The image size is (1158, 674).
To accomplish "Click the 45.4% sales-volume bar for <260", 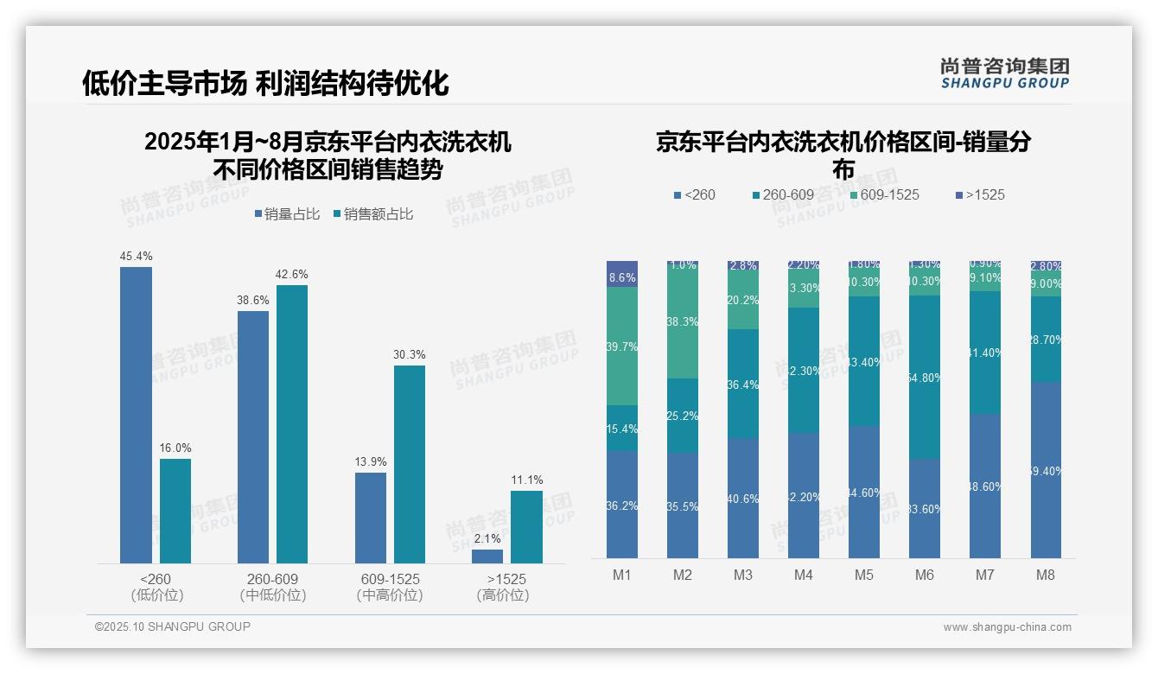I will (136, 415).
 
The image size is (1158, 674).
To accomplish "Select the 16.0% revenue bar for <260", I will (175, 511).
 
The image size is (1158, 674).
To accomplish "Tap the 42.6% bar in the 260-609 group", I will (292, 424).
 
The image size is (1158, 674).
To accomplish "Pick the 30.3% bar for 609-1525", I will (410, 464).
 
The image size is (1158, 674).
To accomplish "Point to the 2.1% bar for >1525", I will (487, 556).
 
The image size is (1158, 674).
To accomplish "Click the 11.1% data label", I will (526, 480).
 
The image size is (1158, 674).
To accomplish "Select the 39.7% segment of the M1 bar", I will (622, 346).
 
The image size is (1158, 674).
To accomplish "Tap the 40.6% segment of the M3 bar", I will (743, 498).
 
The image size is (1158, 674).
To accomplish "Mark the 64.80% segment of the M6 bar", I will (925, 377).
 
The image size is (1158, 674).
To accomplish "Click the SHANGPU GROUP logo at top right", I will (1004, 73).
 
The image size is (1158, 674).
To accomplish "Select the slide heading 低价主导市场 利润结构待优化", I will (265, 83).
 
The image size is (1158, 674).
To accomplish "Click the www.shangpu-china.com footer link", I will (1007, 627).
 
